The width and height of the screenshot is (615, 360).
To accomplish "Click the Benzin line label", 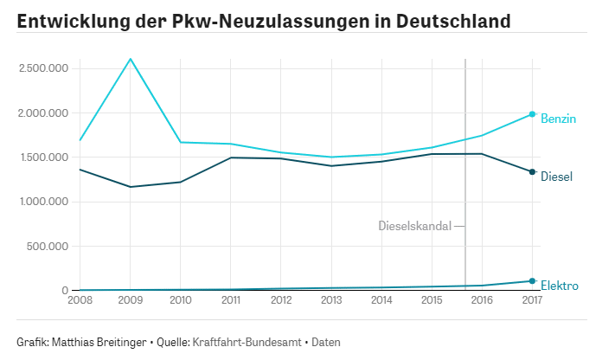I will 558,119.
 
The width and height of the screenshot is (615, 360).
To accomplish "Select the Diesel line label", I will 556,177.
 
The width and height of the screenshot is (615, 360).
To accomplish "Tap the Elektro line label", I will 559,286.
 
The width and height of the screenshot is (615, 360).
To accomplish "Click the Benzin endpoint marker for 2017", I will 532,114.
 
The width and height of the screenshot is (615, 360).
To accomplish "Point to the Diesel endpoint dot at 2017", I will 532,172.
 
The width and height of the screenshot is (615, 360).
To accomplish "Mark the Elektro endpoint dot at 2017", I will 532,281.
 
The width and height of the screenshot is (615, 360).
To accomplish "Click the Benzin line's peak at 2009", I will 130,59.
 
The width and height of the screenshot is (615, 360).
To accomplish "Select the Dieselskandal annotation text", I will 414,226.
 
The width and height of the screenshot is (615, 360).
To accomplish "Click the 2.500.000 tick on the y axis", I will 42,68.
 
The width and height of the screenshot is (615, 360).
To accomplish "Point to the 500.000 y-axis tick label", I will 47,247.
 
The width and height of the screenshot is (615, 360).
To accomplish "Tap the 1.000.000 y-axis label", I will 42,202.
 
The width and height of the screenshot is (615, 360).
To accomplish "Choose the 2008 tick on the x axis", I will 80,300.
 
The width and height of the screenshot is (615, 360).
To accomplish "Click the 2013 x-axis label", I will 331,300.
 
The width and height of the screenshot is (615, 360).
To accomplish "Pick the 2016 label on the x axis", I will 482,300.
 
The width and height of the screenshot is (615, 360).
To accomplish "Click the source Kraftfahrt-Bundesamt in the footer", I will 247,342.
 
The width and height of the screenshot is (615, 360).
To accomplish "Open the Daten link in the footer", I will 326,342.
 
